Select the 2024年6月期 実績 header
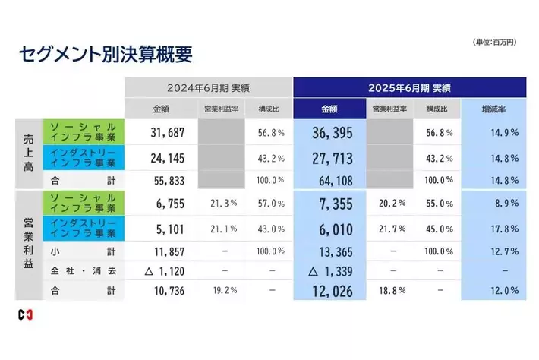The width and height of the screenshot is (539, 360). pyautogui.click(x=206, y=87)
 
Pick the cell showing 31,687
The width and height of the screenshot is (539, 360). pyautogui.click(x=160, y=133)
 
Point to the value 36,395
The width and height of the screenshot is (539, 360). pyautogui.click(x=332, y=133)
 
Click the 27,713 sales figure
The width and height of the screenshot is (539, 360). pyautogui.click(x=332, y=159)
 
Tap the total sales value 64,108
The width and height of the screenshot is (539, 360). pyautogui.click(x=332, y=180)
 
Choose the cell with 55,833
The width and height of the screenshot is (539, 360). pyautogui.click(x=160, y=180)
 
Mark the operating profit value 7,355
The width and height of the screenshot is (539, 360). pyautogui.click(x=332, y=203)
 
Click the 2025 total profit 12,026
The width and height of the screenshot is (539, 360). pyautogui.click(x=332, y=290)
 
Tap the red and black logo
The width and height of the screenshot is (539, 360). pyautogui.click(x=25, y=314)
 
